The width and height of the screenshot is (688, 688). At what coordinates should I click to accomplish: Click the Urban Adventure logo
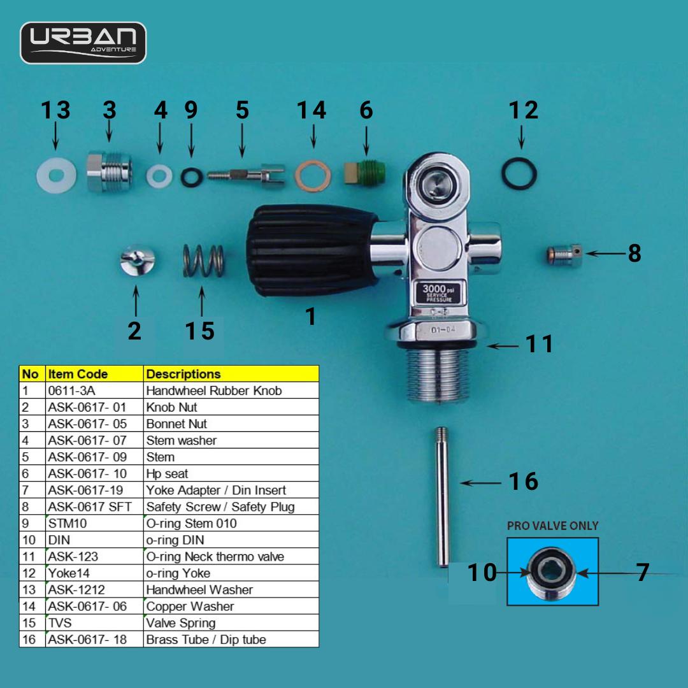tap(83, 43)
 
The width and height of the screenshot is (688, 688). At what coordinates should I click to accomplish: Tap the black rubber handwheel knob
tap(311, 250)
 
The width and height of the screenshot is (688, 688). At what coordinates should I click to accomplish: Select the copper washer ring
tap(312, 176)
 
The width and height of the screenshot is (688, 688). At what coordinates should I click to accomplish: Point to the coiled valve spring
tap(203, 261)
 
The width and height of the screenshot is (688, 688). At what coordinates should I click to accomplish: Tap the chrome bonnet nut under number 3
tap(110, 172)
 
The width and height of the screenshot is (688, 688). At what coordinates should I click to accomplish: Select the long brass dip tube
tap(442, 497)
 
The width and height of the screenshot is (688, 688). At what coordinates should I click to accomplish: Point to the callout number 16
tap(523, 482)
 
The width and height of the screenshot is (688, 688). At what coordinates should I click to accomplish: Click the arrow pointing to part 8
tap(605, 254)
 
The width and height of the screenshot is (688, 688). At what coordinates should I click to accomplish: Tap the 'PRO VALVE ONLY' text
tap(552, 526)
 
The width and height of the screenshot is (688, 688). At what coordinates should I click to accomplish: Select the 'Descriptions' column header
tap(183, 374)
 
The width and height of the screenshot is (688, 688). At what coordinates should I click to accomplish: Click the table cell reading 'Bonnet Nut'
tap(176, 424)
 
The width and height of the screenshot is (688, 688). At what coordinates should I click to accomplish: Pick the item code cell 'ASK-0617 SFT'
tap(90, 507)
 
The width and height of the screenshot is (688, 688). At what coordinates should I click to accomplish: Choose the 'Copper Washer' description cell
tap(190, 606)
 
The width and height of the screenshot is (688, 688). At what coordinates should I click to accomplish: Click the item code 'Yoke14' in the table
tap(69, 573)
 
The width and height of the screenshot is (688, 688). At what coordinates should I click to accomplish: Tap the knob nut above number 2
tap(138, 261)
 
